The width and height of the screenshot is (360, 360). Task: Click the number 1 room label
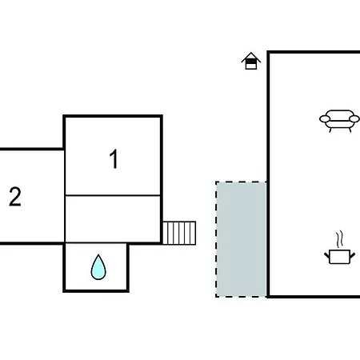114,159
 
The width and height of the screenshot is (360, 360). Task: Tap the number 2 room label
15,197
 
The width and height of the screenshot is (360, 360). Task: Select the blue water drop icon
98,267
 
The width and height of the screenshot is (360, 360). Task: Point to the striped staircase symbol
179,233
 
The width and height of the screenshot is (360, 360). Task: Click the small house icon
251,61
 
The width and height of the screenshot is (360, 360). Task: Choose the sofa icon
339,121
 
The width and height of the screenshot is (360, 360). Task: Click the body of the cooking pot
339,257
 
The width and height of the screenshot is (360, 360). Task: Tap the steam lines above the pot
339,239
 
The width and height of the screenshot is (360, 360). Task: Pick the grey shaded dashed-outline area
241,239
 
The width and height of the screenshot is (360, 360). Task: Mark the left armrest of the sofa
325,118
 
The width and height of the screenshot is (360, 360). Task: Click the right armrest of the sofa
354,118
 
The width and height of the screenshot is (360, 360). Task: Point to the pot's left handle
327,255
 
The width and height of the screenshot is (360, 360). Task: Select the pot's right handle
352,255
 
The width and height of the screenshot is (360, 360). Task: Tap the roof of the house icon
251,57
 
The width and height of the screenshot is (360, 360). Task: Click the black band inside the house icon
251,62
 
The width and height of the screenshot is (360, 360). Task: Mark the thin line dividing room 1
113,195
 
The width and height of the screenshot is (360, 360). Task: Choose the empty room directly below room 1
113,219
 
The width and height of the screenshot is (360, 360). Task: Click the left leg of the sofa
330,130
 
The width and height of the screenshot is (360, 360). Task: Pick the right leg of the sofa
350,130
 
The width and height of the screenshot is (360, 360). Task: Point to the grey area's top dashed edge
241,182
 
